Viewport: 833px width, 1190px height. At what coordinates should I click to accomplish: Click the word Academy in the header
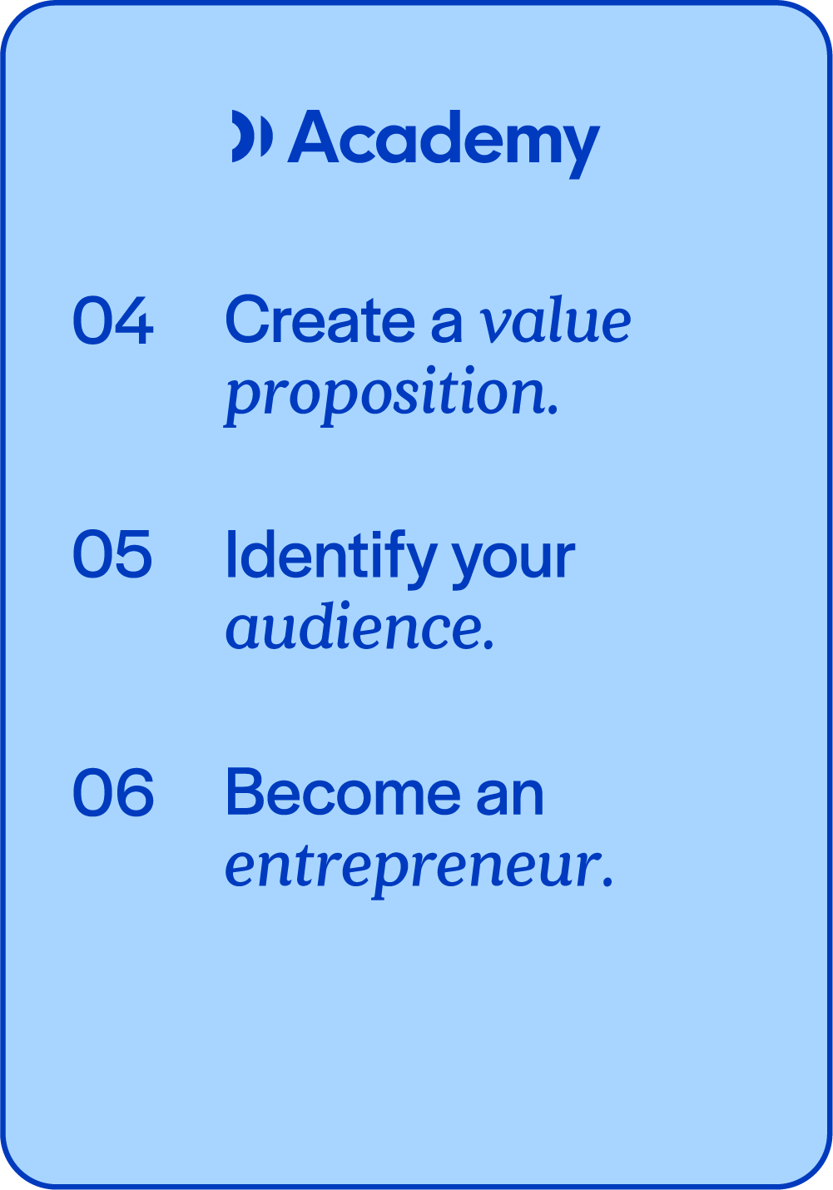[x=444, y=143]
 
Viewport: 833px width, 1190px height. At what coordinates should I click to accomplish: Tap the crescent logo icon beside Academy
[x=252, y=136]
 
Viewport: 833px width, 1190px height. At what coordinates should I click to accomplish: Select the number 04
[x=112, y=320]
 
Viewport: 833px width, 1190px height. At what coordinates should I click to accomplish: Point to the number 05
[x=112, y=553]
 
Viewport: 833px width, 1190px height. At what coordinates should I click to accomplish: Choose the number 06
[x=112, y=791]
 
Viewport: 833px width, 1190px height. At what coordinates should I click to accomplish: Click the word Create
[x=320, y=319]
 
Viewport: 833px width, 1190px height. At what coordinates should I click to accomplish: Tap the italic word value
[x=555, y=320]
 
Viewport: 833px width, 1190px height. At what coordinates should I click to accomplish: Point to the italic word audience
[x=354, y=624]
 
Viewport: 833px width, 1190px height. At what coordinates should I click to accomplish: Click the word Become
[x=344, y=791]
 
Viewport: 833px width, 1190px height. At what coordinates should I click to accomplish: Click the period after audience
[x=488, y=644]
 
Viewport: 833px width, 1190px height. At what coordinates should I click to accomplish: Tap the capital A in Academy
[x=313, y=136]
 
